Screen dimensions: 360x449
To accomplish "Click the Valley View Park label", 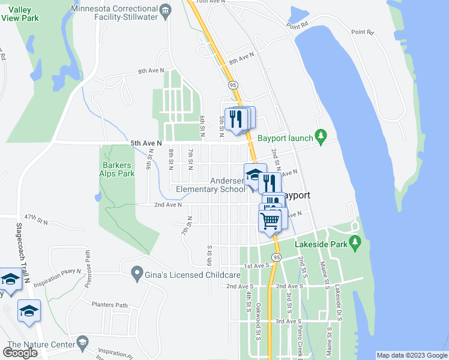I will point(17,13).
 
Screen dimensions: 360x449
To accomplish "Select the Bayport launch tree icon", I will point(322,137).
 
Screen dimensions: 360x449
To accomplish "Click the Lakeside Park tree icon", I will point(355,244).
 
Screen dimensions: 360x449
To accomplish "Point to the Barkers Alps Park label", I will point(118,169).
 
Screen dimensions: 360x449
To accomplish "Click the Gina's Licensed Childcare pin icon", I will point(137,274).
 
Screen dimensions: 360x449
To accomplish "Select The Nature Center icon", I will point(82,343).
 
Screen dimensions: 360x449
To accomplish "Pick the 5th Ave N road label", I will point(146,143).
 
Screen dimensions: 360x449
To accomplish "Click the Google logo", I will point(20,353).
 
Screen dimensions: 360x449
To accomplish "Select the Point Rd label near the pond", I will point(297,25).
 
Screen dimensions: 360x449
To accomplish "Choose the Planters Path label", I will point(109,305).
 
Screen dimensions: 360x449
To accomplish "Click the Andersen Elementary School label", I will point(211,185).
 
